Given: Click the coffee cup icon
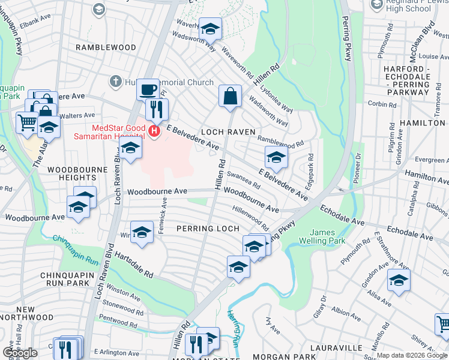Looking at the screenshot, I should (148, 91).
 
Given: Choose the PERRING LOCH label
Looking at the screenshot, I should (208, 229).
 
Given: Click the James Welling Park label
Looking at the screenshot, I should (328, 236).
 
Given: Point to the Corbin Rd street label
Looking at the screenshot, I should (382, 104).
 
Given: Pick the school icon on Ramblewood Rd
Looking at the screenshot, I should (276, 158).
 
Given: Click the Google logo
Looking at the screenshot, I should (20, 353).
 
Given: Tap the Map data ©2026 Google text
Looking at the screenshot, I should (412, 355).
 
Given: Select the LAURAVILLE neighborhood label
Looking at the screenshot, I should (337, 347).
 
